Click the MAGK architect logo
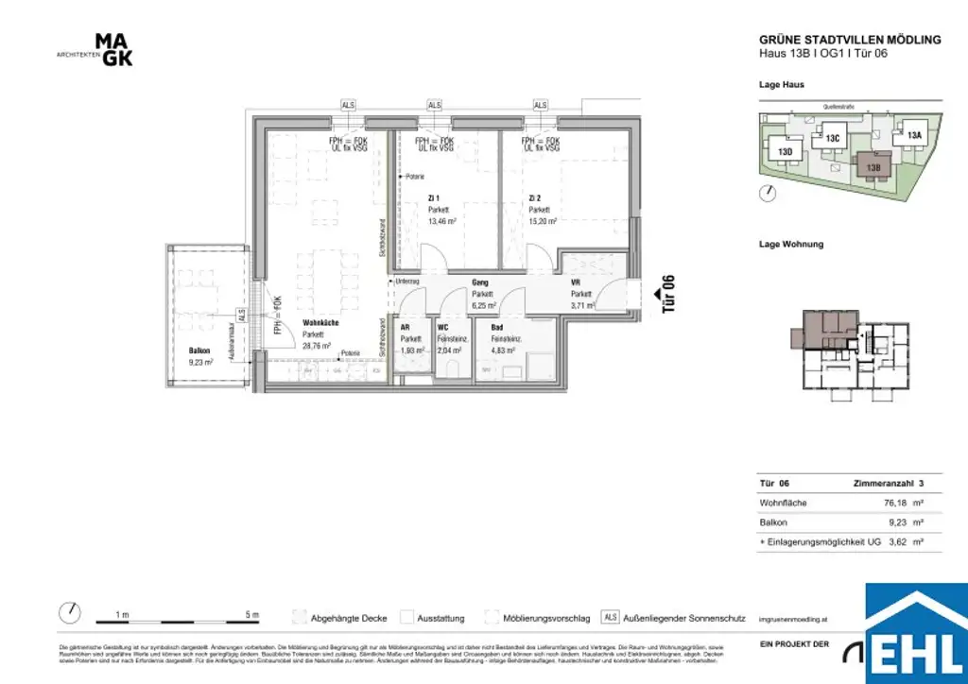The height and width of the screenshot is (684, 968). [114, 50]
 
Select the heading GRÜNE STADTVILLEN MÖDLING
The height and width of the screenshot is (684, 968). [850, 40]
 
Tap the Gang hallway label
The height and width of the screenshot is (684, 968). [479, 282]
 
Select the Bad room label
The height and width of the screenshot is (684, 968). [496, 327]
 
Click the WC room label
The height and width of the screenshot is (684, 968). [442, 327]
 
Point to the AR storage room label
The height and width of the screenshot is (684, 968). [406, 327]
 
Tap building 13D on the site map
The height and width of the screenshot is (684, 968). [785, 151]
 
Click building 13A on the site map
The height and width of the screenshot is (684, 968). [914, 135]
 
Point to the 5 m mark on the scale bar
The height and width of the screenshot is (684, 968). [251, 615]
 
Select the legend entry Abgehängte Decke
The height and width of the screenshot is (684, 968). [349, 619]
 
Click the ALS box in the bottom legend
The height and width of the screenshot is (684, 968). [610, 618]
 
